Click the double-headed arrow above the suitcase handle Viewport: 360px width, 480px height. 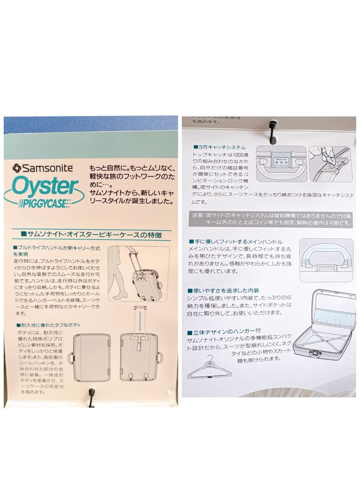[139, 320]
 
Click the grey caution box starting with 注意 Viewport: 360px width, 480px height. [271, 218]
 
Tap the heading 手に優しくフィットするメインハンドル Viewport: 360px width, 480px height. [236, 241]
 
